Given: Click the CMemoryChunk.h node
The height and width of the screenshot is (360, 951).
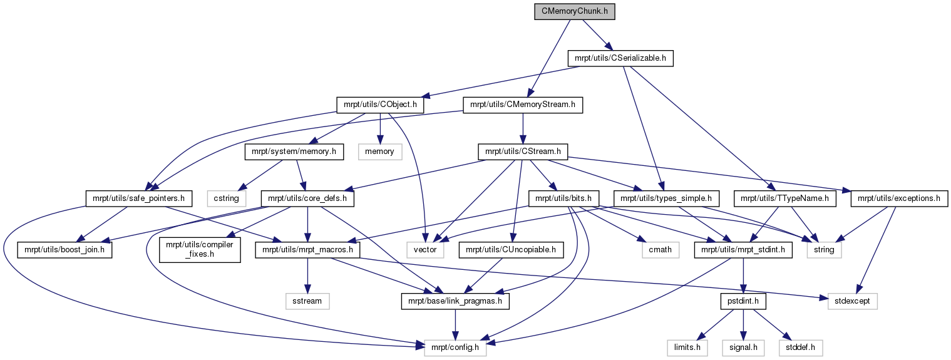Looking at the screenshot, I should (x=574, y=12).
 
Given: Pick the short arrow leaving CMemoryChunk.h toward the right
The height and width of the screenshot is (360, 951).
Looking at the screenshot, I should (x=597, y=34).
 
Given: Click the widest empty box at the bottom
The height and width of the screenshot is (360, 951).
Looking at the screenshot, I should (x=455, y=348).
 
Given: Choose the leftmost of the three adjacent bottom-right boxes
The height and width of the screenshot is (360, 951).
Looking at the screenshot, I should (x=687, y=348).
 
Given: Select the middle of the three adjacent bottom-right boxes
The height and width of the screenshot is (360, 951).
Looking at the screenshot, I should (x=743, y=348).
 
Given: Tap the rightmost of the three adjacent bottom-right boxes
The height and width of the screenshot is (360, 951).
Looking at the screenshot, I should (x=801, y=348).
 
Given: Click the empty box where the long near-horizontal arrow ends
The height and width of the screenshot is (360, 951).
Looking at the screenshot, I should (x=853, y=301).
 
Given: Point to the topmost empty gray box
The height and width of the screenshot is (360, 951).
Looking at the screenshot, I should (x=380, y=152).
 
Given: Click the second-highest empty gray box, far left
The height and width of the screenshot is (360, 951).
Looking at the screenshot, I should (x=227, y=198).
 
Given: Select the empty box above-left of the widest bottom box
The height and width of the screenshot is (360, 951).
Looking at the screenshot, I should (x=307, y=301).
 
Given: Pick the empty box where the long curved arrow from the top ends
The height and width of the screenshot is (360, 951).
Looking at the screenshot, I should (x=425, y=250).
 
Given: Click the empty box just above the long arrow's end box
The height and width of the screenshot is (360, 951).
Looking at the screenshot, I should (x=824, y=250).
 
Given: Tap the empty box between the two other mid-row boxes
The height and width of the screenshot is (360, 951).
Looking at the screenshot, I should (x=661, y=250).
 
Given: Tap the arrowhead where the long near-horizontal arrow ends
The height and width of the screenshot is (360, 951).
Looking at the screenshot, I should (x=823, y=298).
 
